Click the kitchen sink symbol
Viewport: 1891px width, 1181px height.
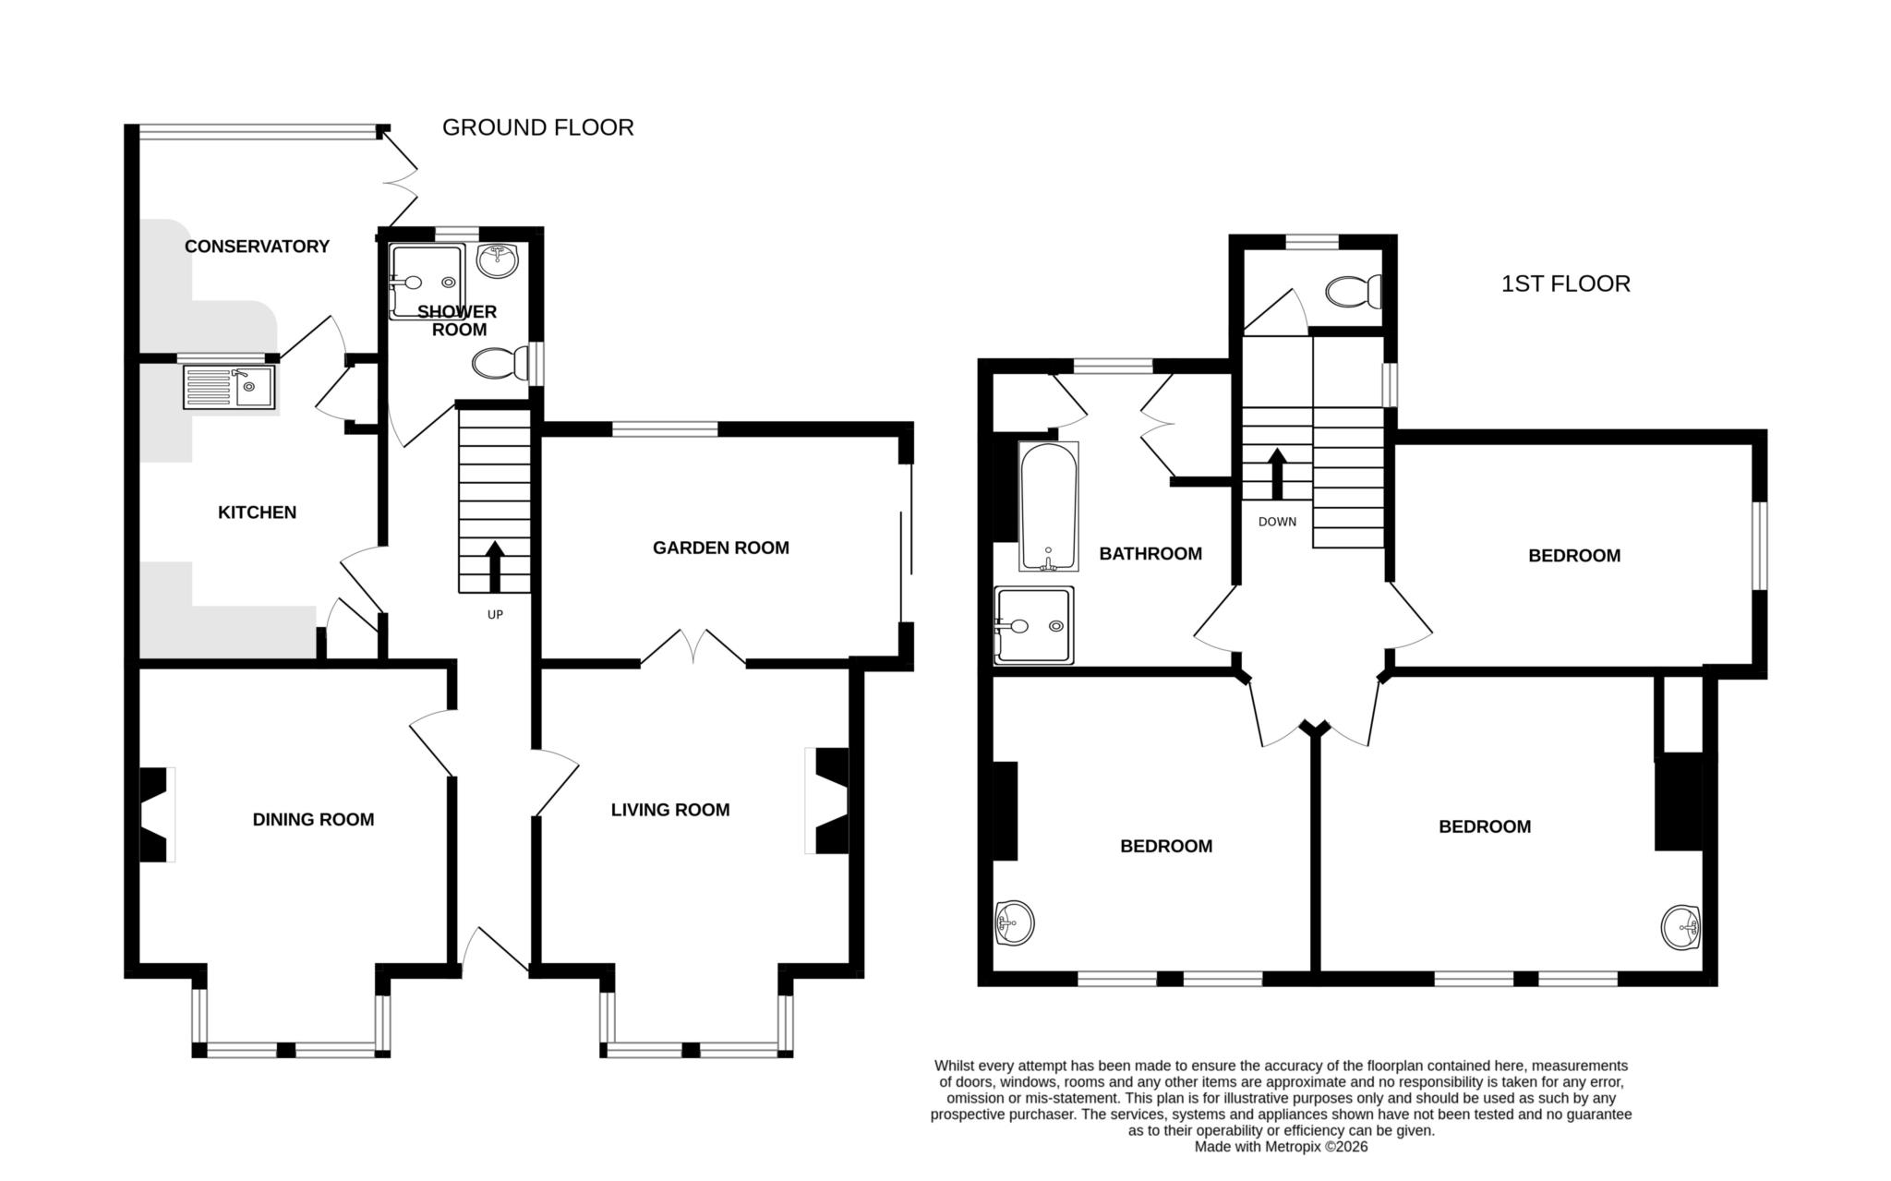click(228, 387)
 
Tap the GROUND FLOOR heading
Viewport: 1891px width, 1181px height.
click(537, 127)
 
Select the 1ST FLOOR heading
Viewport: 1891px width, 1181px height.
click(1565, 283)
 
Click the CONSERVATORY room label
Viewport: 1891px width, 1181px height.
click(257, 247)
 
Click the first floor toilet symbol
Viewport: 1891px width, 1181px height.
click(1354, 293)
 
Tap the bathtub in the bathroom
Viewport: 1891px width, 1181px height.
click(1048, 505)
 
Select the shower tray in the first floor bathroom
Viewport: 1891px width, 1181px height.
click(1035, 626)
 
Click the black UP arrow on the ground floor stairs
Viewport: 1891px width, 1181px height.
click(494, 566)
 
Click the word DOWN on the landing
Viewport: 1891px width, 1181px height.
click(1277, 522)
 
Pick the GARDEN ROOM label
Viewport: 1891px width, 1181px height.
click(720, 548)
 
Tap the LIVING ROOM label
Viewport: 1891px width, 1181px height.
click(669, 810)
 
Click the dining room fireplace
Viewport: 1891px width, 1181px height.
click(154, 815)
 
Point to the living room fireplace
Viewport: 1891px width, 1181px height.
click(830, 801)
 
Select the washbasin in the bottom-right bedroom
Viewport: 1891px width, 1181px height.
click(1681, 927)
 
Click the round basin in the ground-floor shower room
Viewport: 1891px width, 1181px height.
click(499, 259)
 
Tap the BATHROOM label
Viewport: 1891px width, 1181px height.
click(1150, 554)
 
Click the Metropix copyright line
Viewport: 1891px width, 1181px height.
click(1281, 1147)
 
